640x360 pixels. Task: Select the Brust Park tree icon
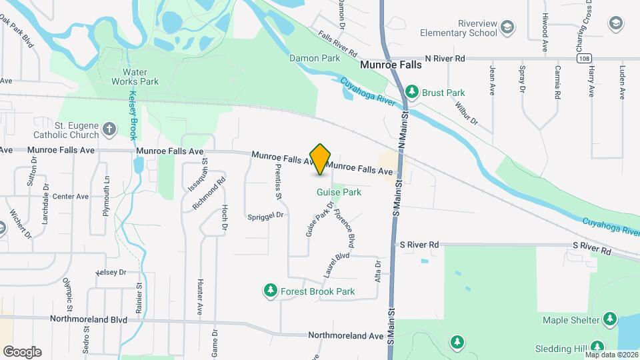[x=413, y=91]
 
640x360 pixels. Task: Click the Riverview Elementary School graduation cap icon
[x=508, y=27]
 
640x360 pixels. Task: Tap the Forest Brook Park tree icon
[x=271, y=291]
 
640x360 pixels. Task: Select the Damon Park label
[x=315, y=58]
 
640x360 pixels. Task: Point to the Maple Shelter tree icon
[x=609, y=319]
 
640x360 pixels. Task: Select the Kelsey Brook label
[x=133, y=115]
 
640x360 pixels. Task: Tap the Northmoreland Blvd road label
[x=89, y=319]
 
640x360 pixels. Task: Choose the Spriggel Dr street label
[x=266, y=216]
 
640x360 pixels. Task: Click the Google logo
[x=22, y=351]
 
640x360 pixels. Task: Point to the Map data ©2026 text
[x=611, y=355]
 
